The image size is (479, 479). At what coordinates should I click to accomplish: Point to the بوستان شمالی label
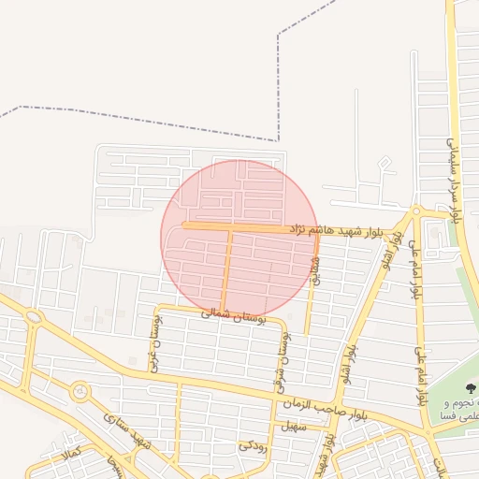point(234,316)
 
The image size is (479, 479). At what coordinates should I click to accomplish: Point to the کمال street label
point(71,455)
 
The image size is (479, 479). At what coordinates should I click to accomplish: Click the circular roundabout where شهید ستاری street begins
point(79,391)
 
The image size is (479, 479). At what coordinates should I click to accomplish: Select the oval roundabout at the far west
point(34,319)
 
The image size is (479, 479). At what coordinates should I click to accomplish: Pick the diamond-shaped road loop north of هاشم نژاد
point(385,165)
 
